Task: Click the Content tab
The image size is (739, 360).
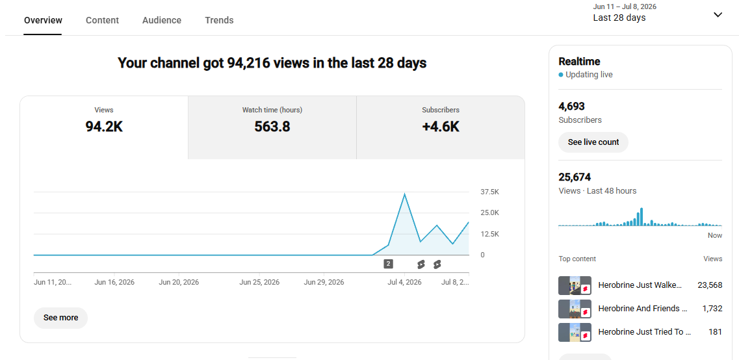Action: point(102,20)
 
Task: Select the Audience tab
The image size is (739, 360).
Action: point(162,20)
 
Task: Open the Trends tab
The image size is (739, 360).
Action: point(219,20)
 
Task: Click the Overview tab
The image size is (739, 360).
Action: point(43,20)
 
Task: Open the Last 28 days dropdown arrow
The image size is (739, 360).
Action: point(718,14)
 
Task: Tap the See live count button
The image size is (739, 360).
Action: point(593,142)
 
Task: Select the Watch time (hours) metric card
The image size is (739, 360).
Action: point(272,128)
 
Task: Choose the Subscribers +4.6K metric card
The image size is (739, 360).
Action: point(441,128)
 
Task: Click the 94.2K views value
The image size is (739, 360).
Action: point(104,127)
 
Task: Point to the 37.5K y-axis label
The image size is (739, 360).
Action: point(489,192)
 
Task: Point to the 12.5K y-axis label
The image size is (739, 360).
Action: point(489,234)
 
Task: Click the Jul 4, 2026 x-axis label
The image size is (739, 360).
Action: point(404,283)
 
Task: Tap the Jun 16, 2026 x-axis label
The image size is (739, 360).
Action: point(114,283)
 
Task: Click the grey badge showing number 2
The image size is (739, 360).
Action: point(389,264)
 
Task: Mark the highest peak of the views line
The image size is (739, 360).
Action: point(404,194)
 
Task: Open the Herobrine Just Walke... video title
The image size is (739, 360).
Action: point(640,285)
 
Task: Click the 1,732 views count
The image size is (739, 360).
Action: point(712,309)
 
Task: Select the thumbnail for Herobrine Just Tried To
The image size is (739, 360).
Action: point(575,332)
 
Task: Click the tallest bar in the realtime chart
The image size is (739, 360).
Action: point(642,217)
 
